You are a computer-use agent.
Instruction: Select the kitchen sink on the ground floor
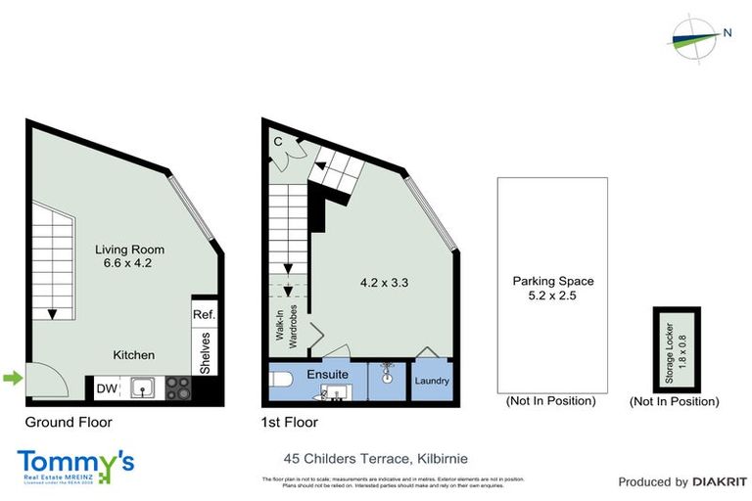coord(144,389)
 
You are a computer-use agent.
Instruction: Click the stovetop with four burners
coord(178,389)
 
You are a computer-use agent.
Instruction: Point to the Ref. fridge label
coord(204,315)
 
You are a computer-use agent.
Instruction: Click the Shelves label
coord(205,351)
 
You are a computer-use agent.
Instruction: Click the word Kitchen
coord(133,354)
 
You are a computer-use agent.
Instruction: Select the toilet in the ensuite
coord(280,381)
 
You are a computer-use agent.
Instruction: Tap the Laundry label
coord(431,381)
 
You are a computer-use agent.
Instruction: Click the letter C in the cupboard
coord(278,142)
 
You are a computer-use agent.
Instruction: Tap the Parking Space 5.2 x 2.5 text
coord(552,288)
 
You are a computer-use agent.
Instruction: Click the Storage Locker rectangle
coord(676,348)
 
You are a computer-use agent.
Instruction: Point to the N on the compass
coord(727,32)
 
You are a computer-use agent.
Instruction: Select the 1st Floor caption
coord(290,423)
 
